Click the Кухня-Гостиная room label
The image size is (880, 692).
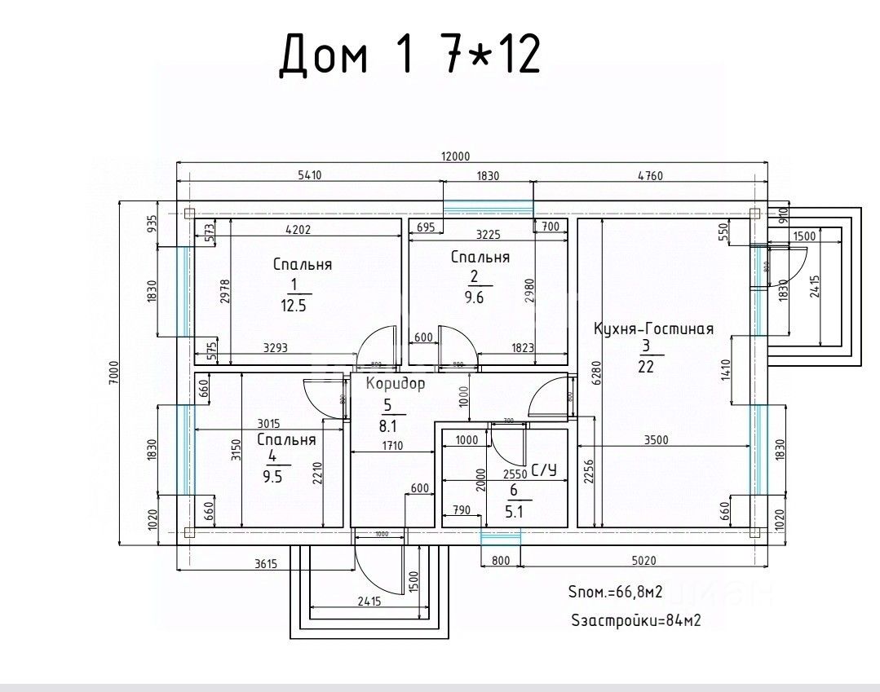(x=653, y=329)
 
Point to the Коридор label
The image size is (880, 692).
(x=395, y=384)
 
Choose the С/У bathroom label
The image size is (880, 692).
(x=543, y=469)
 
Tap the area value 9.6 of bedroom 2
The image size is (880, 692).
(x=474, y=298)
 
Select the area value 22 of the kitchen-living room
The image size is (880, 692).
(x=646, y=367)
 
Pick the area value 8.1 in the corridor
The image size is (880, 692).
(x=388, y=425)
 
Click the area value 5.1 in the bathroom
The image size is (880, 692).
(x=514, y=513)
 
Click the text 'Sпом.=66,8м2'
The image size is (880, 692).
(x=613, y=592)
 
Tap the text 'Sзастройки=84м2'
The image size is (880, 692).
(x=635, y=620)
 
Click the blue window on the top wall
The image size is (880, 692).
(x=488, y=205)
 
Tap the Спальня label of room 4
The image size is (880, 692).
(x=286, y=440)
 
